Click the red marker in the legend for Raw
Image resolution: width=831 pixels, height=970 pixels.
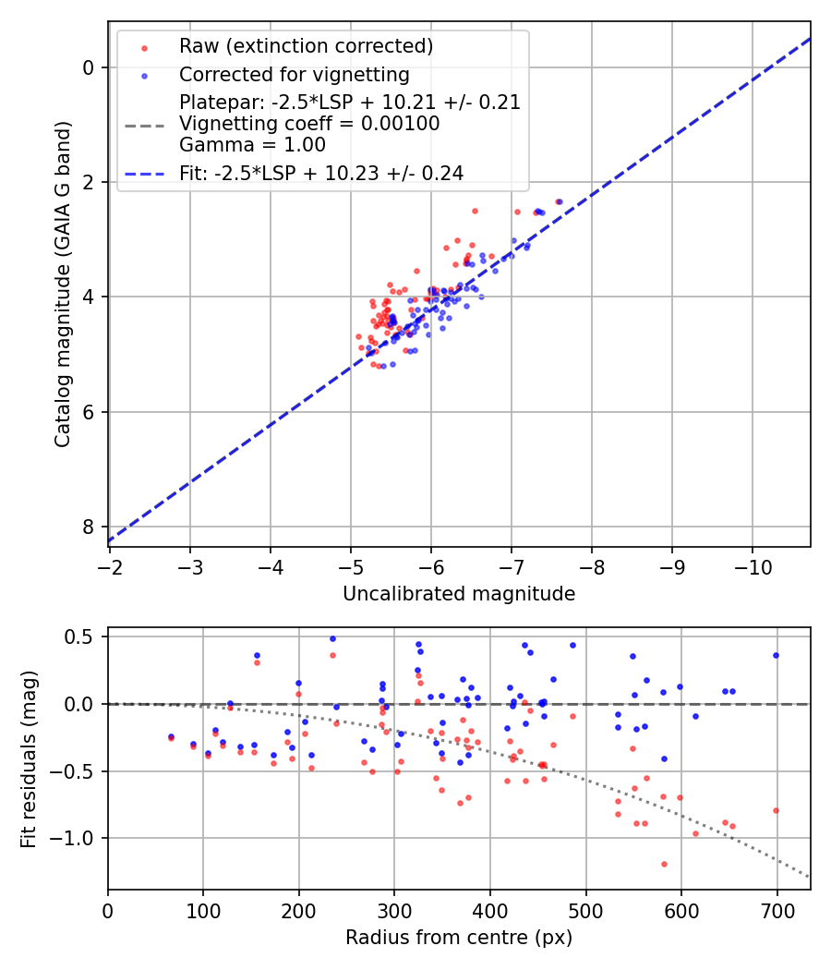[144, 47]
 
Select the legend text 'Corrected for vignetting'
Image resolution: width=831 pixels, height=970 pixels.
[294, 74]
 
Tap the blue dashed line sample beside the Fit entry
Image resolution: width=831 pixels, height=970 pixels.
[144, 173]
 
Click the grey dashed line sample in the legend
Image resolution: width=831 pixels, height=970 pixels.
[144, 124]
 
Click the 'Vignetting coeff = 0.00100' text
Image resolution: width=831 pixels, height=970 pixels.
[309, 124]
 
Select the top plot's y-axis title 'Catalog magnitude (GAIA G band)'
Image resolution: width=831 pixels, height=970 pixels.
[62, 283]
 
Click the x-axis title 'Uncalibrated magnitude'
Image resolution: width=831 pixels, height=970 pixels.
[459, 594]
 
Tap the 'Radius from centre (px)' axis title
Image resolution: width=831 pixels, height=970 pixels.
[459, 938]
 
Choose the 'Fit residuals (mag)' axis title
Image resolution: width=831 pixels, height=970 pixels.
[29, 758]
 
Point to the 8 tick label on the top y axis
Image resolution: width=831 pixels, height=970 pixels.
[89, 527]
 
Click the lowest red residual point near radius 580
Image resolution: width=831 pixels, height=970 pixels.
[664, 864]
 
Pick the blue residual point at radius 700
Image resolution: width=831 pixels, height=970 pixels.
[776, 655]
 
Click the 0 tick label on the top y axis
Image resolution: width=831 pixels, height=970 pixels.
[89, 67]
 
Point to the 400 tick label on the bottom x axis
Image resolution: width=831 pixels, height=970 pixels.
[490, 909]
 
